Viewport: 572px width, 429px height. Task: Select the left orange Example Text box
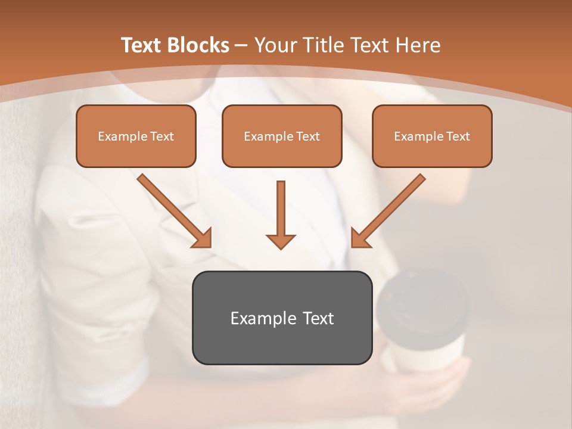136,136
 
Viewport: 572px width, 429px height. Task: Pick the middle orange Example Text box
282,136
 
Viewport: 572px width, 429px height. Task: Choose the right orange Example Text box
432,136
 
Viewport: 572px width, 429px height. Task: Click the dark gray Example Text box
282,318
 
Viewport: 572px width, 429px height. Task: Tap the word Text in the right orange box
458,136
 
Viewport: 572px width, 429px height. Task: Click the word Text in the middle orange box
307,136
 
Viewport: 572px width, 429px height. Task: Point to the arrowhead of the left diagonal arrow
203,238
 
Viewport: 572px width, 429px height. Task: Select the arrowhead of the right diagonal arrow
359,238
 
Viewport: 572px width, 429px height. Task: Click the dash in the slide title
241,46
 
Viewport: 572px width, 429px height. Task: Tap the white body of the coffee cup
429,352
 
